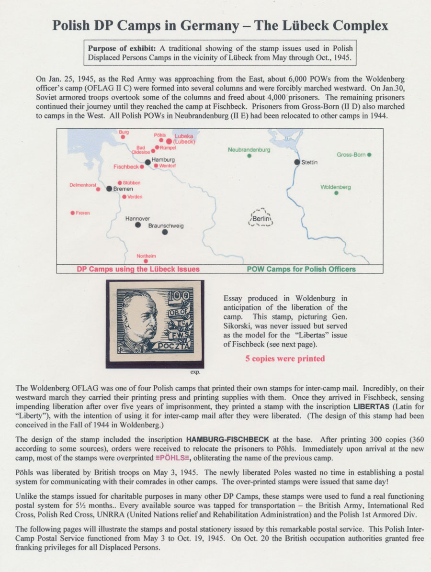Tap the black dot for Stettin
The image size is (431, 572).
[297, 162]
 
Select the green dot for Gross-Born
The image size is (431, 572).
[369, 155]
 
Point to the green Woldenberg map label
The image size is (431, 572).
[335, 187]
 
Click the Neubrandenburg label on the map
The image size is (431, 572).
[249, 150]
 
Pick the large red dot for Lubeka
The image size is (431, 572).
[169, 141]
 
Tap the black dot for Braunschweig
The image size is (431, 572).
[165, 232]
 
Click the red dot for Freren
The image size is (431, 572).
[72, 213]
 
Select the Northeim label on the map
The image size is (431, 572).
[147, 256]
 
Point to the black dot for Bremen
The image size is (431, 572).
[109, 189]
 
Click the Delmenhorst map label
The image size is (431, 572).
[83, 185]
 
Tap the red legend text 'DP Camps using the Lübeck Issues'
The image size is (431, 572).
[138, 269]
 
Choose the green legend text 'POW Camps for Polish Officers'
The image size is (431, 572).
[301, 269]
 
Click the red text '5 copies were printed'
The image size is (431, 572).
[285, 359]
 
